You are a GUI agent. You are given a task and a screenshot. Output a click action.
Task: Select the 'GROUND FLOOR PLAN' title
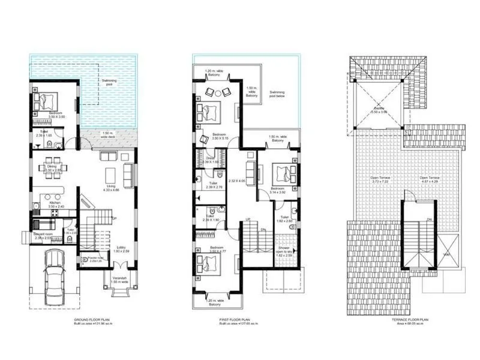coord(91,321)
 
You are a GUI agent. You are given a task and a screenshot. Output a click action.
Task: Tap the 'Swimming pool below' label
coord(280,94)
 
